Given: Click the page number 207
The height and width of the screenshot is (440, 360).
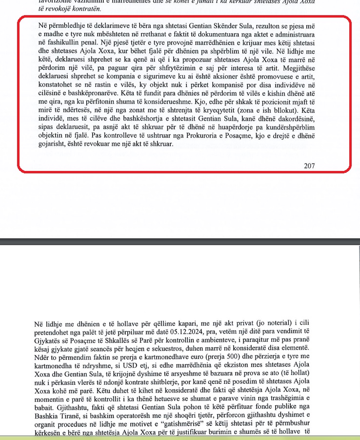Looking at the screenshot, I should pyautogui.click(x=309, y=166).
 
